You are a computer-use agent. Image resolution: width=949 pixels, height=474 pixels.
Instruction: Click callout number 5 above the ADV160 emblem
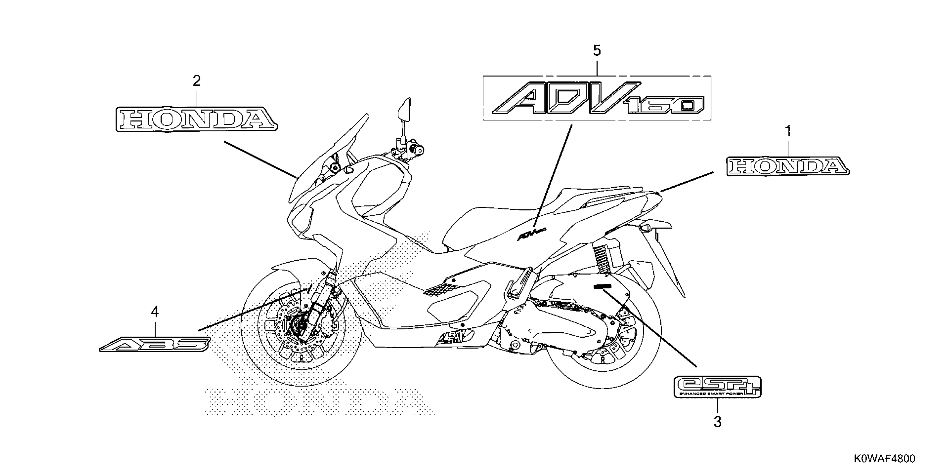click(x=597, y=50)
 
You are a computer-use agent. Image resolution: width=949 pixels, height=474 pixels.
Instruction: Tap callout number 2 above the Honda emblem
click(x=197, y=81)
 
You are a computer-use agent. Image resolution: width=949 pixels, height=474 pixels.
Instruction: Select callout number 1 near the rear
click(x=788, y=131)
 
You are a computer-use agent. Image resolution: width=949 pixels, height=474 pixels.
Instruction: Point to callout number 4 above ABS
click(x=155, y=312)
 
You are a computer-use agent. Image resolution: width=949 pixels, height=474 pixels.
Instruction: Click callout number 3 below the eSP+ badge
click(x=717, y=422)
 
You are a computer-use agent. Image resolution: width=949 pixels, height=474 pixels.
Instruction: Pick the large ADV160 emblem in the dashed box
click(x=597, y=99)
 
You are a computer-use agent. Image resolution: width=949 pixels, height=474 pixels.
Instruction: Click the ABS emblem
click(x=155, y=344)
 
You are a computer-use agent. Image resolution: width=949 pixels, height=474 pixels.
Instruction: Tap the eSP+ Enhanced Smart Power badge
click(x=717, y=386)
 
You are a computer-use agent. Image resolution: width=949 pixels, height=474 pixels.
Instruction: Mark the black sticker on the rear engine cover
click(x=602, y=286)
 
